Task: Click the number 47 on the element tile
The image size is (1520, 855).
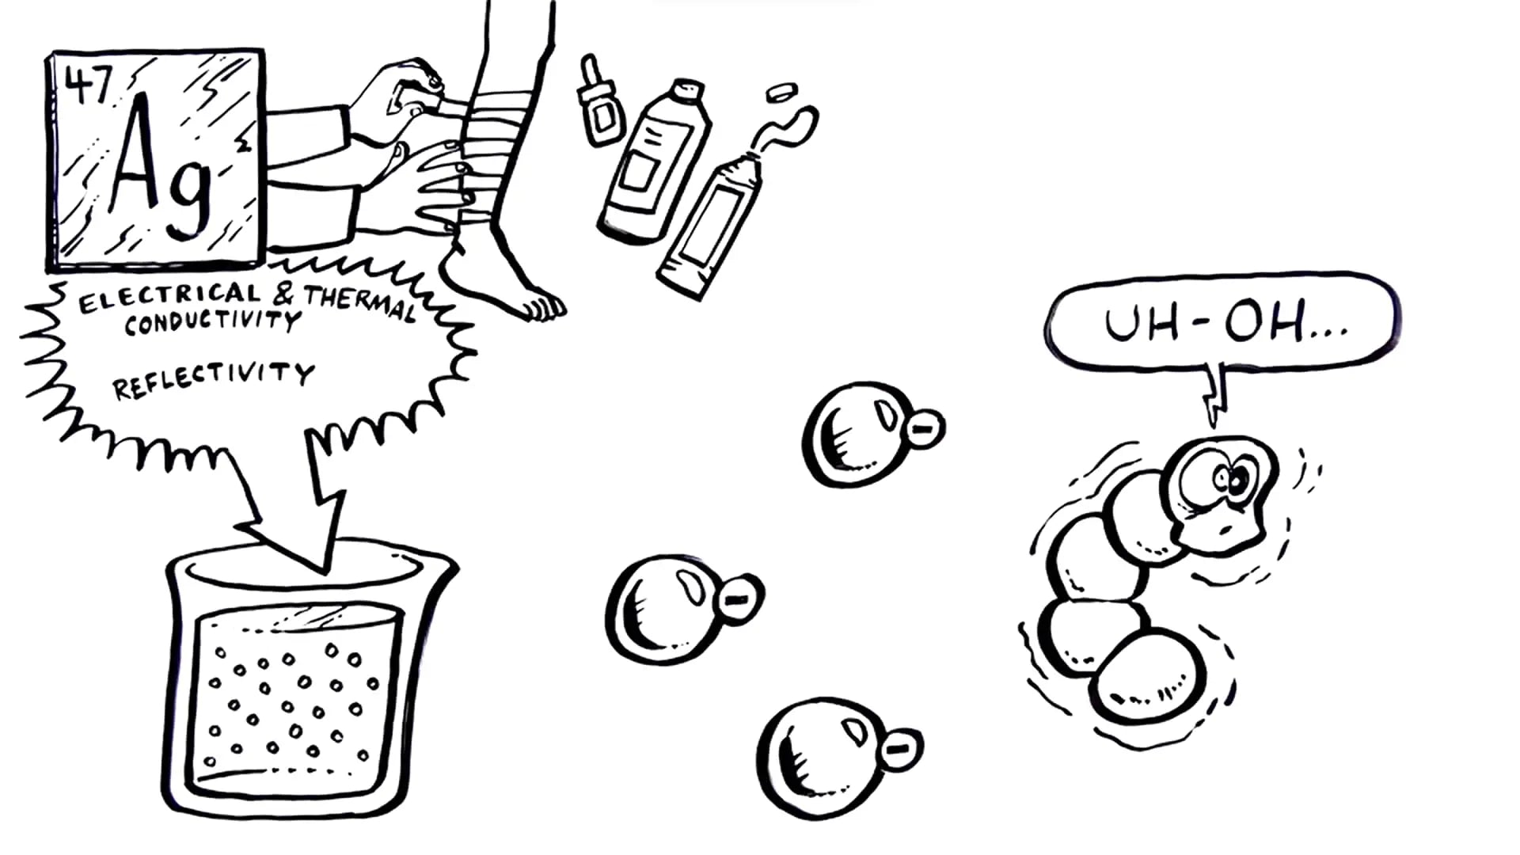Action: [89, 84]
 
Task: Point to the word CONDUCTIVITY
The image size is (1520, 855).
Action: [212, 321]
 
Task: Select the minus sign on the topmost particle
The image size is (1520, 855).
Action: [921, 429]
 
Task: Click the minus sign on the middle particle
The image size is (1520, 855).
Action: [738, 599]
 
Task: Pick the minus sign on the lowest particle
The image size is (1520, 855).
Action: [900, 747]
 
